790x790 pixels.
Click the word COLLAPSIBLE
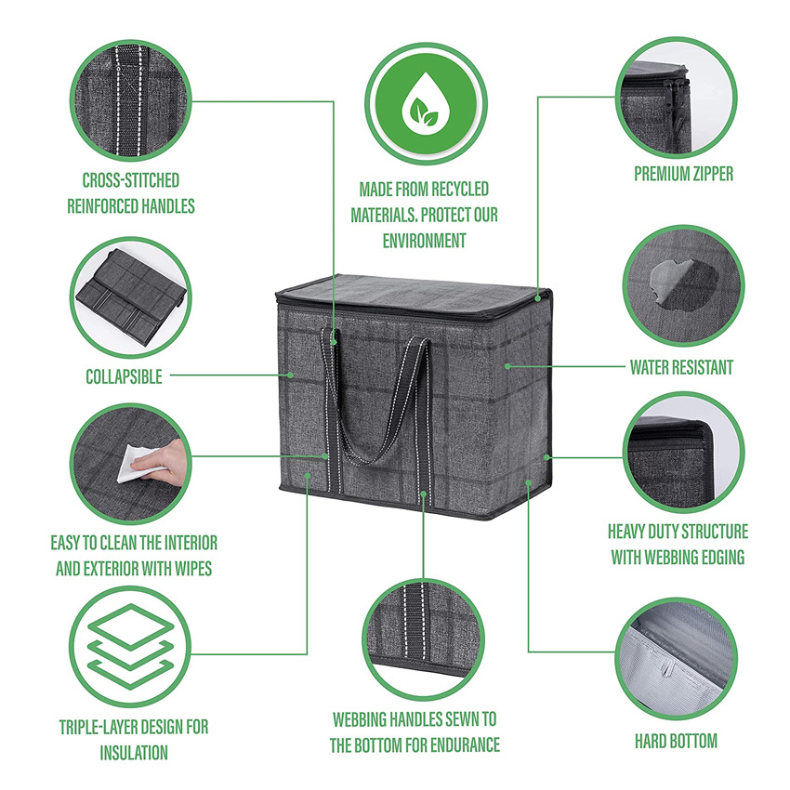(124, 376)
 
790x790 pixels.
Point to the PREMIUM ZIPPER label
(683, 174)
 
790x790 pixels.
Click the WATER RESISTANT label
(681, 367)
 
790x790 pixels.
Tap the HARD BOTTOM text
(676, 741)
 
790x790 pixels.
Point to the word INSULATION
(133, 753)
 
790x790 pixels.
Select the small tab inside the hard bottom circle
(665, 668)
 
